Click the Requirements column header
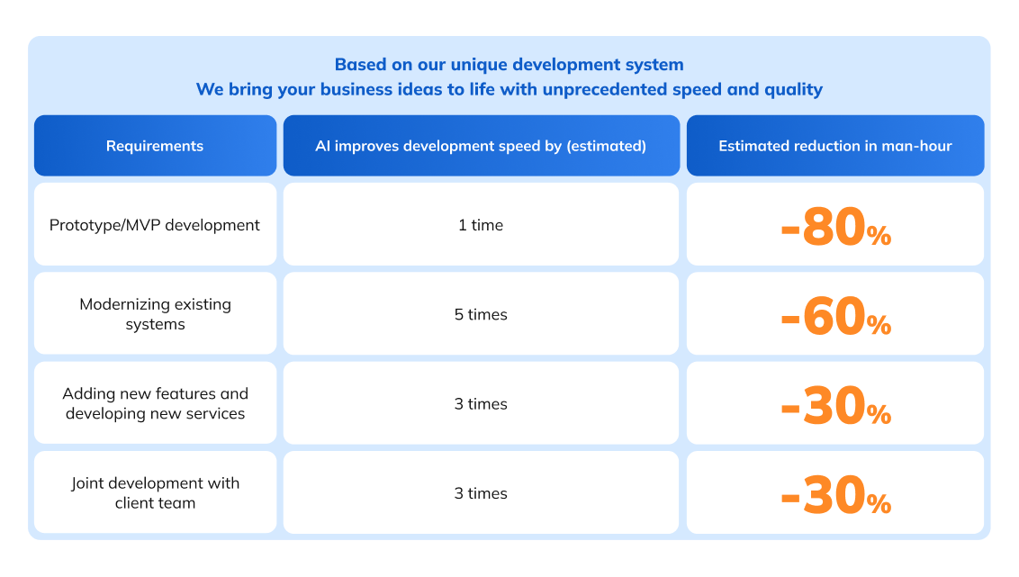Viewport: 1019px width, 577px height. click(x=155, y=146)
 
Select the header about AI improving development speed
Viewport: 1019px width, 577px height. click(x=481, y=146)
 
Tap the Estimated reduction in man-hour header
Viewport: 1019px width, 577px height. click(x=834, y=146)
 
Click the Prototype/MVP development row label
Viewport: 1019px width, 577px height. click(x=155, y=225)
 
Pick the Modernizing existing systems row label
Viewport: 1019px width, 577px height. click(x=155, y=314)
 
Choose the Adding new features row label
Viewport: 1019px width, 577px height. click(x=155, y=403)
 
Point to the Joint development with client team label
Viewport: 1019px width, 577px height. click(x=155, y=492)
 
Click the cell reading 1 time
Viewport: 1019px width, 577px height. click(x=481, y=225)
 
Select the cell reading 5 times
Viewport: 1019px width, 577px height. click(x=481, y=314)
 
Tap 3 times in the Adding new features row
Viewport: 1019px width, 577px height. click(x=481, y=403)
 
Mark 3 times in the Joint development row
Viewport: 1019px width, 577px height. click(x=481, y=493)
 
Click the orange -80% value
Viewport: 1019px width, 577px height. click(x=835, y=228)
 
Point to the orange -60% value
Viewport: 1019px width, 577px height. click(x=835, y=317)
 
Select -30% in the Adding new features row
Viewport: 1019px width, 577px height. click(x=835, y=406)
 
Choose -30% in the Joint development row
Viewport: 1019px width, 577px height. click(x=835, y=495)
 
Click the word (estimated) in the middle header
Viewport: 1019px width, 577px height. click(x=606, y=146)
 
